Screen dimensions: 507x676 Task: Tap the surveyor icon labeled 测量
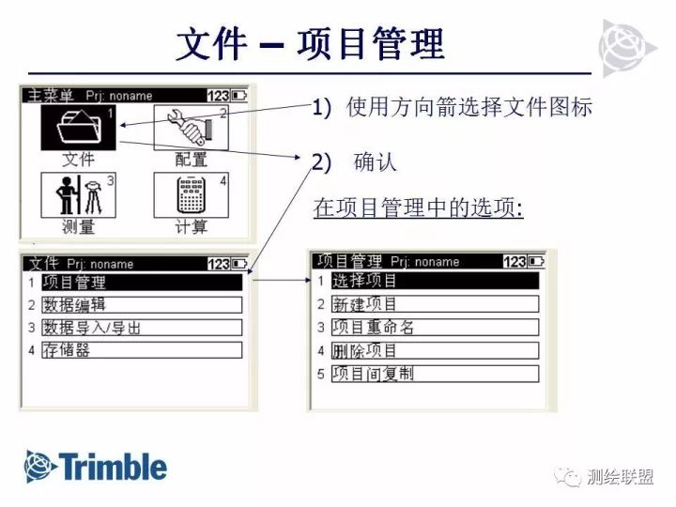coord(79,195)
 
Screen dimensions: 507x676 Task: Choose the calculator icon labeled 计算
coord(191,195)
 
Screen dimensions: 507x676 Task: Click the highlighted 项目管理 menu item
coord(141,282)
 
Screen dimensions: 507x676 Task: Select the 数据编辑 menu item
coord(141,304)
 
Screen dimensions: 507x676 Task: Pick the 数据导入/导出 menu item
coord(141,328)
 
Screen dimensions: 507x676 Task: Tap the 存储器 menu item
coord(141,350)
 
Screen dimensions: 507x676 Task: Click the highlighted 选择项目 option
coord(435,281)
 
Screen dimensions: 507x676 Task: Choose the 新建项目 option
coord(435,304)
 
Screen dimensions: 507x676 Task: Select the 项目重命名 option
coord(435,328)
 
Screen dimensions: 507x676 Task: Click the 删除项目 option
coord(435,350)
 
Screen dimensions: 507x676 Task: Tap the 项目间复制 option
coord(435,374)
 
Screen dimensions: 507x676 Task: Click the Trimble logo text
coord(113,467)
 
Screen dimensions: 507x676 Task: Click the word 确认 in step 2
coord(376,161)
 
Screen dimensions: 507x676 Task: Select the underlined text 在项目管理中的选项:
coord(418,207)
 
